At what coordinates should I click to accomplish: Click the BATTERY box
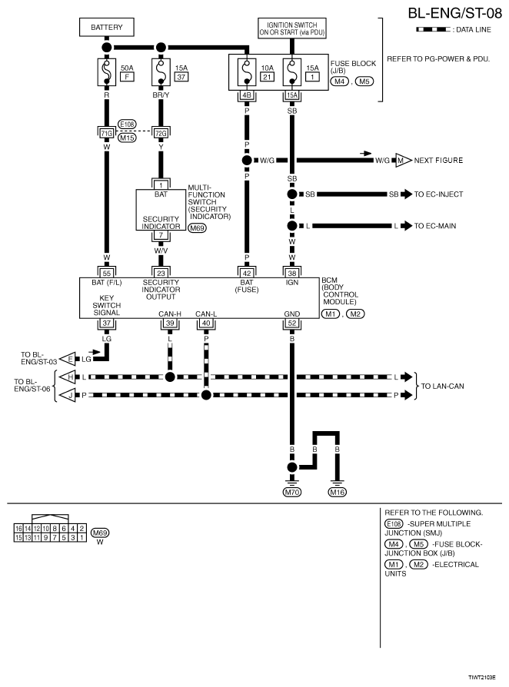[106, 27]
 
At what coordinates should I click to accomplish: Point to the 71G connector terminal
[106, 133]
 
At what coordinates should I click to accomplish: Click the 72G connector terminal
[161, 133]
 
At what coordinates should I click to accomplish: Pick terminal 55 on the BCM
[106, 272]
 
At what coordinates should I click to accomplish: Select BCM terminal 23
[161, 272]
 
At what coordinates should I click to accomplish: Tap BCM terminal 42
[248, 272]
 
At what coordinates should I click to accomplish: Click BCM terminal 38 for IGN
[292, 272]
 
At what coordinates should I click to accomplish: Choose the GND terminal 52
[292, 323]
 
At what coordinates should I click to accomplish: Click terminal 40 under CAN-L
[205, 323]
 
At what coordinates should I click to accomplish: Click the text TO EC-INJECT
[439, 194]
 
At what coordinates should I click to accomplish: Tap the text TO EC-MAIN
[436, 226]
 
